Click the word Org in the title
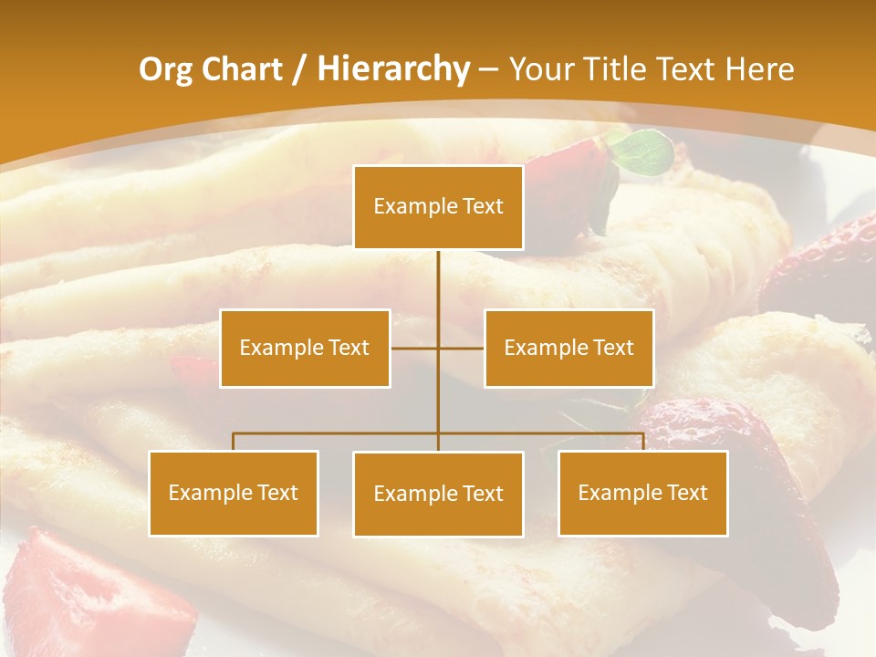coord(165,69)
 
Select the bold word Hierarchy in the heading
coord(393,69)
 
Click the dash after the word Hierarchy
coord(488,69)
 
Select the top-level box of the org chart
coord(438,206)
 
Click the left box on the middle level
coord(305,348)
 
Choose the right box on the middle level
coord(568,348)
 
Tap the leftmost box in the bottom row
coord(234,493)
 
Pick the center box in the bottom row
coord(438,494)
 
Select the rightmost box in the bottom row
coord(643,493)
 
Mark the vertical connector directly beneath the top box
coord(438,278)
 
